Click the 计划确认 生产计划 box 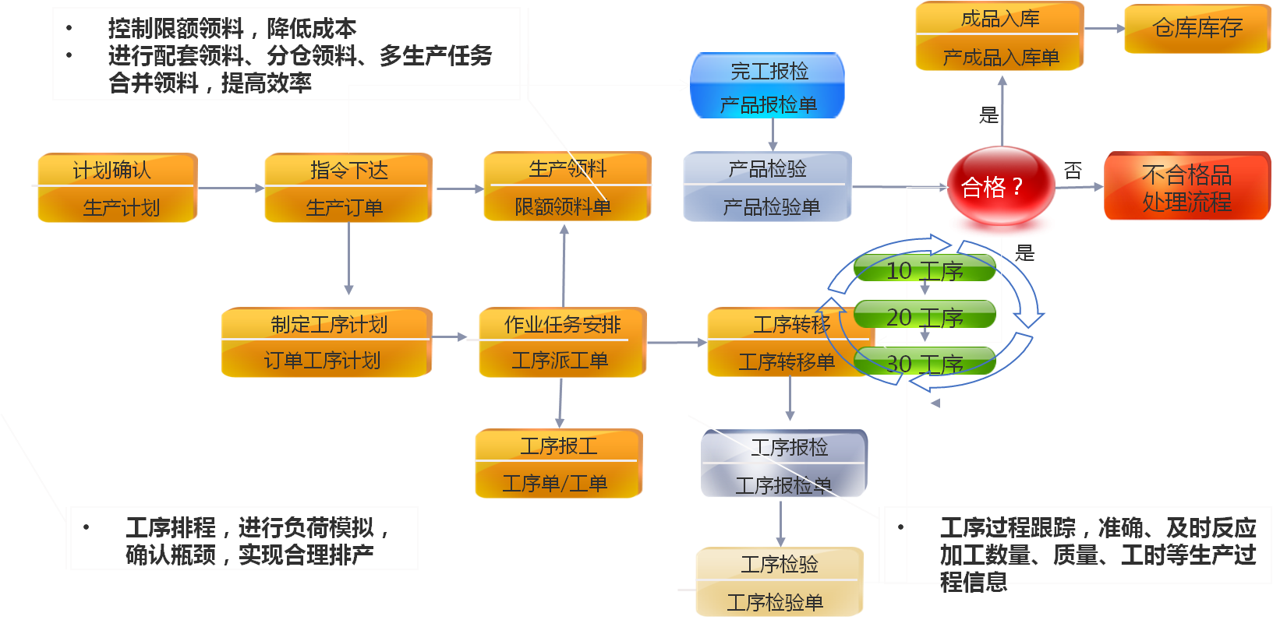pyautogui.click(x=115, y=188)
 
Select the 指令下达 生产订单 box pyautogui.click(x=347, y=188)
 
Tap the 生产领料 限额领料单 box pyautogui.click(x=566, y=188)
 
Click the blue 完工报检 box pyautogui.click(x=768, y=86)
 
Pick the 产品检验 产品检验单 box pyautogui.click(x=767, y=188)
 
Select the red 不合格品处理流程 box pyautogui.click(x=1186, y=187)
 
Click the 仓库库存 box pyautogui.click(x=1197, y=29)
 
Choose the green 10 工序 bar pyautogui.click(x=925, y=269)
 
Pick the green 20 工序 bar pyautogui.click(x=925, y=316)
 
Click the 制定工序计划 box pyautogui.click(x=326, y=343)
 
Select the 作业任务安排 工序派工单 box pyautogui.click(x=561, y=343)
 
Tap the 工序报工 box pyautogui.click(x=558, y=464)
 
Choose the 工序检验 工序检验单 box pyautogui.click(x=779, y=583)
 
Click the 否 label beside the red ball pyautogui.click(x=1073, y=171)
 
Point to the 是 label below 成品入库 pyautogui.click(x=988, y=115)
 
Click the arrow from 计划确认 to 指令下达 pyautogui.click(x=230, y=188)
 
